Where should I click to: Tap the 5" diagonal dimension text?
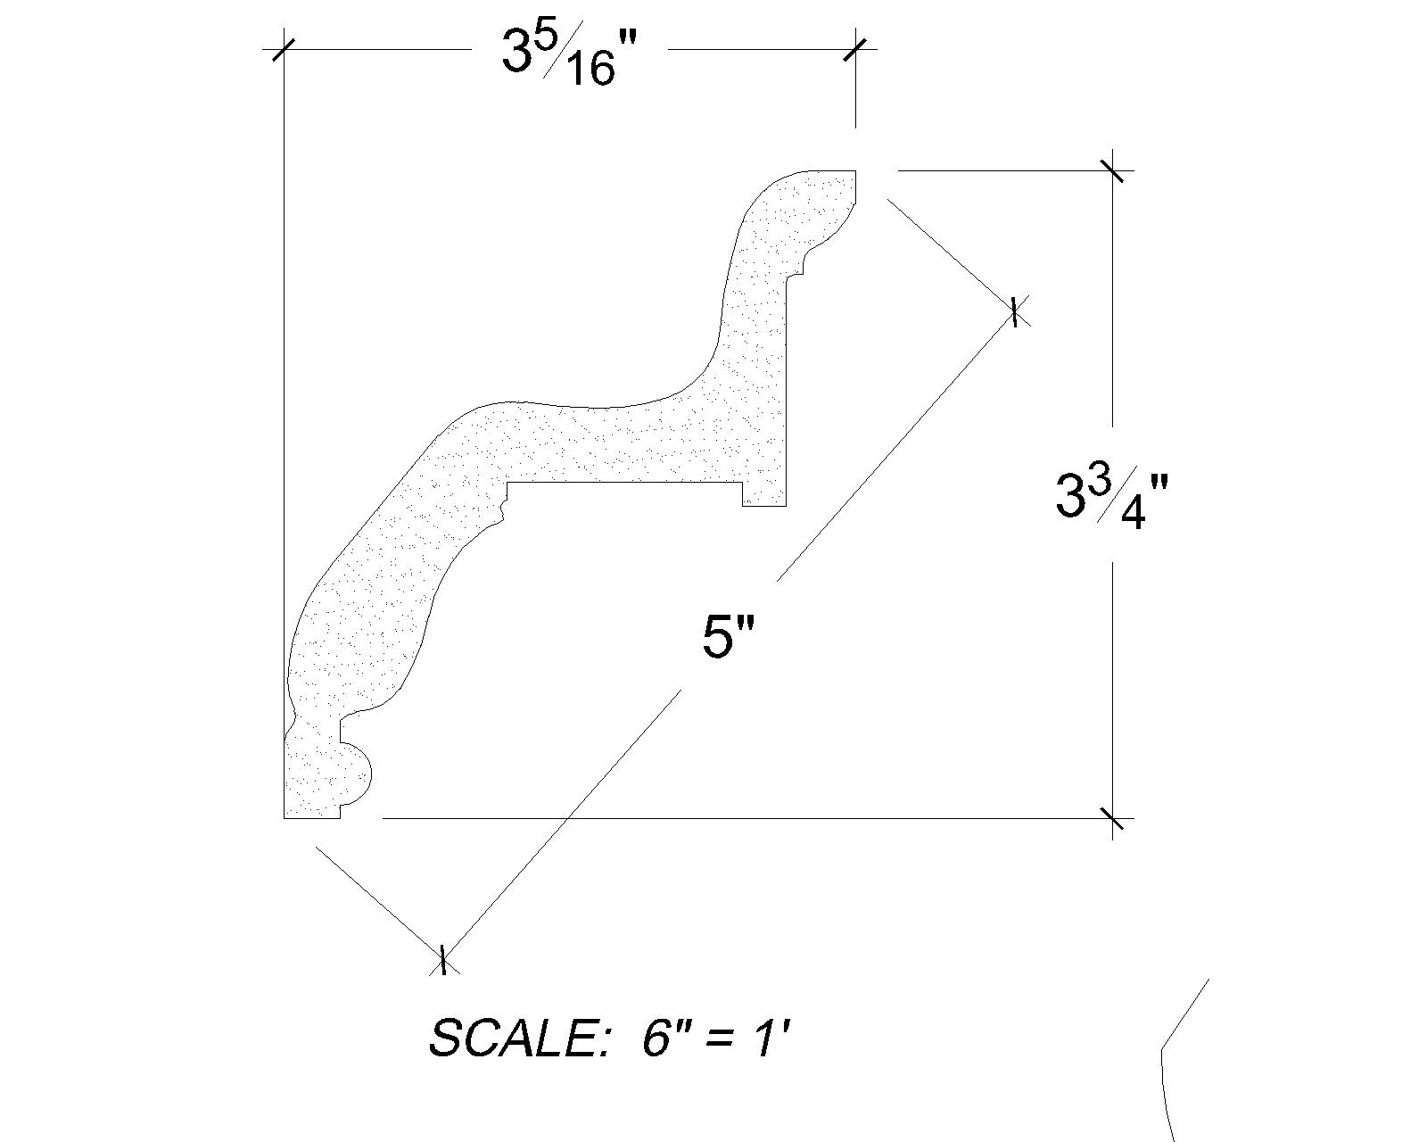(x=729, y=636)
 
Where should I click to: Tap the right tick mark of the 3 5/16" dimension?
(x=854, y=49)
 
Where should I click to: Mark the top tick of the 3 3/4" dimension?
(x=1112, y=170)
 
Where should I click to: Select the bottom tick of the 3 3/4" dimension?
(x=1112, y=818)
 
